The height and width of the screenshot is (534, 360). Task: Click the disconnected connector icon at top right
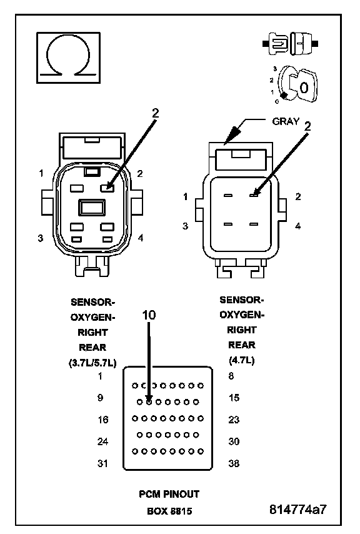coord(290,44)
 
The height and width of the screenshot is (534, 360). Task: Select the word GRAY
coord(286,121)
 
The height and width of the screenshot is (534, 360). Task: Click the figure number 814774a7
coord(297,509)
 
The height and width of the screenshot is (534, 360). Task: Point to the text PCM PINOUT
coord(169,494)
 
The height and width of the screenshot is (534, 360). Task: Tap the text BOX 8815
coord(169,511)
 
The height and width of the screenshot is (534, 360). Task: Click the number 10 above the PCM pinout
coord(149,315)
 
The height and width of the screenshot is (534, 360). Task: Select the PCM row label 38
coord(234,463)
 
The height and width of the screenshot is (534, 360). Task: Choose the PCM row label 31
coord(102,463)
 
